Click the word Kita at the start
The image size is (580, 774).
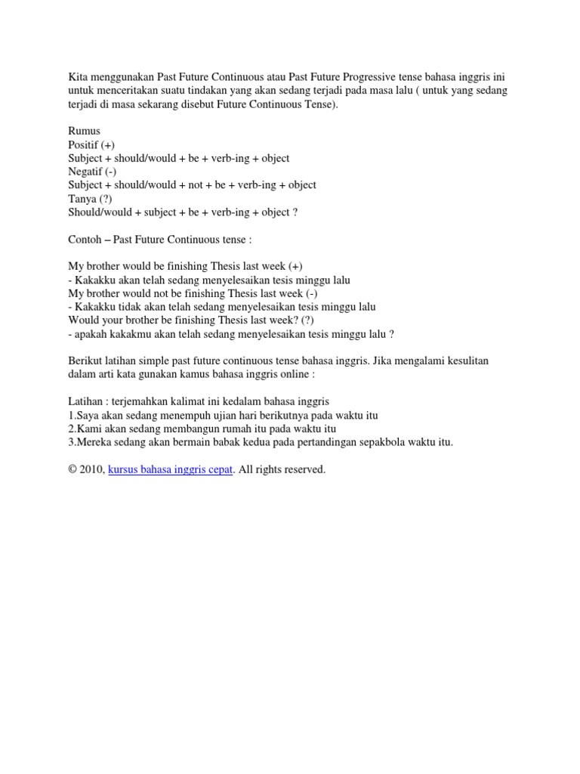pos(78,77)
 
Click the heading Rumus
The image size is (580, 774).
pos(84,132)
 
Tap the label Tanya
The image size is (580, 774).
pos(82,199)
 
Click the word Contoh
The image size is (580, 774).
pos(85,240)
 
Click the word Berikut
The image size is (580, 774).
pos(86,361)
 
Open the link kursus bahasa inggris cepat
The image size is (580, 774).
pos(171,470)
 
